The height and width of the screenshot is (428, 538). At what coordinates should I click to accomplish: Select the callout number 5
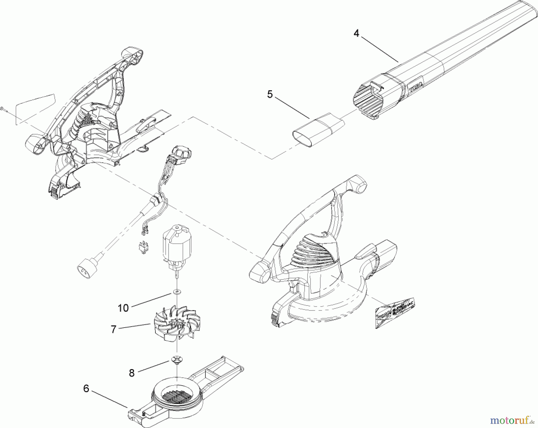click(270, 94)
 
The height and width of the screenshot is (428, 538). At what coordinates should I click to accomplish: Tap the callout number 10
click(123, 308)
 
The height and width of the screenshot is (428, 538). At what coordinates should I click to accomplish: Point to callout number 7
click(113, 329)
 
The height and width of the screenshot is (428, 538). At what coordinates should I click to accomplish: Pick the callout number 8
click(132, 373)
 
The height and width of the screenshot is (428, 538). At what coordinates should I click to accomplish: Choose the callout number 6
click(86, 389)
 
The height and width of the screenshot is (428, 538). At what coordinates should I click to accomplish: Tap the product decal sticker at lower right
click(395, 313)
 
